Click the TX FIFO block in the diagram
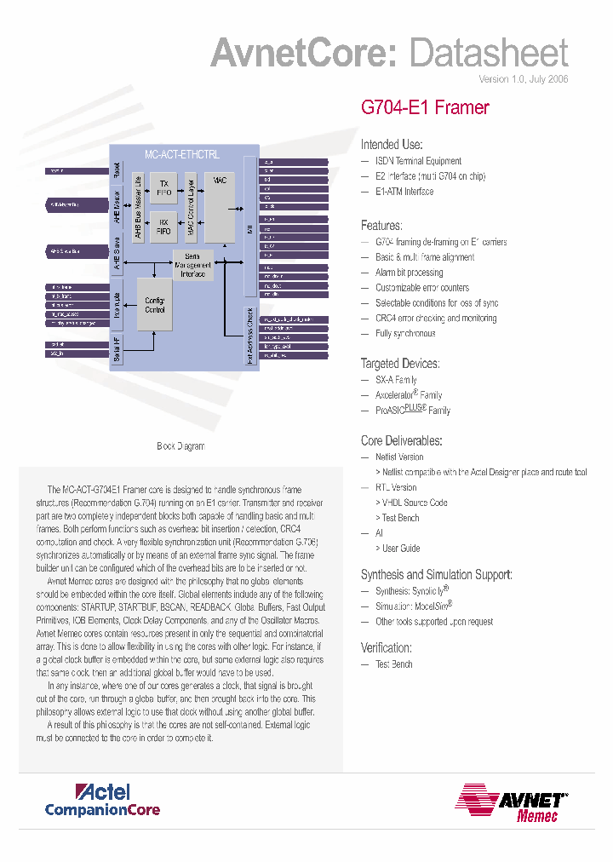click(x=164, y=187)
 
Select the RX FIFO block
click(x=164, y=227)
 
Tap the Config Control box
click(x=155, y=305)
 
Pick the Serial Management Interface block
click(x=192, y=266)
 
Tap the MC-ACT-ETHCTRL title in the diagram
click(x=181, y=155)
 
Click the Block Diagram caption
click(x=180, y=446)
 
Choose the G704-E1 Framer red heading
click(x=425, y=107)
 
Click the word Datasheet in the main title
click(x=488, y=54)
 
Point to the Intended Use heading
click(x=392, y=145)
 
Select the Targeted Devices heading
click(x=400, y=364)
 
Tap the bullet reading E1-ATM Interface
click(x=404, y=192)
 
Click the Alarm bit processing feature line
click(x=410, y=273)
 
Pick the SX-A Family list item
click(x=396, y=380)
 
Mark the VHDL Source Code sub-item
click(x=415, y=503)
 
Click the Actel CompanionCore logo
click(x=102, y=800)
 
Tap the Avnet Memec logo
click(x=511, y=803)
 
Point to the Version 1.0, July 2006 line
click(x=523, y=79)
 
